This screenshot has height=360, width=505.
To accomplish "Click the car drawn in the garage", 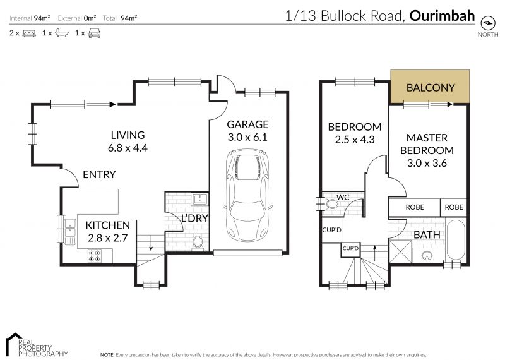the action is point(247,195).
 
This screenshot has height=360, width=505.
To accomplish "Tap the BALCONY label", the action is point(431,88).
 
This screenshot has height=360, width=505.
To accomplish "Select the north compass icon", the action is point(487,23).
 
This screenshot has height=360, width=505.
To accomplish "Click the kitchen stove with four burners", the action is point(94,256).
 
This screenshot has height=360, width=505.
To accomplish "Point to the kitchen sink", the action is point(70,231).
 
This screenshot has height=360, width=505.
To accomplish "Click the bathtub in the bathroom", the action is point(456,240).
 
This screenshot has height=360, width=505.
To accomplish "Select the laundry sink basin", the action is point(199,199).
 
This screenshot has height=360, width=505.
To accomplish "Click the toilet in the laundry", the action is point(197,243).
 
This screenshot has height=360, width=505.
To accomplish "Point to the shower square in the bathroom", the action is point(400,251).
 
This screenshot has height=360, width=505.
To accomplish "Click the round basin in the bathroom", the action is point(427,256).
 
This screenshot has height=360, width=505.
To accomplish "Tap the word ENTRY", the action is point(99,174).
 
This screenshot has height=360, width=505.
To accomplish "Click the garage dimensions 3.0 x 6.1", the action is point(247,137).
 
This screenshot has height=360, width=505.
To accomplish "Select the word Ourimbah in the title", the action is point(443,15).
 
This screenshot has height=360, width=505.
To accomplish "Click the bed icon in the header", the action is point(29,33).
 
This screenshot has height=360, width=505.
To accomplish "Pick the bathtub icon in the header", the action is point(62,33).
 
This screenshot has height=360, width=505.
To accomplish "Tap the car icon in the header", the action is point(94,33).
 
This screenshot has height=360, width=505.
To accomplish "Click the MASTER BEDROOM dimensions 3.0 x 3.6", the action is point(427,163).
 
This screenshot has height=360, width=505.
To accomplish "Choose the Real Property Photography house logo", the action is point(13,344).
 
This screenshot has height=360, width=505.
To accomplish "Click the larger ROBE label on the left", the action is point(415,207).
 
